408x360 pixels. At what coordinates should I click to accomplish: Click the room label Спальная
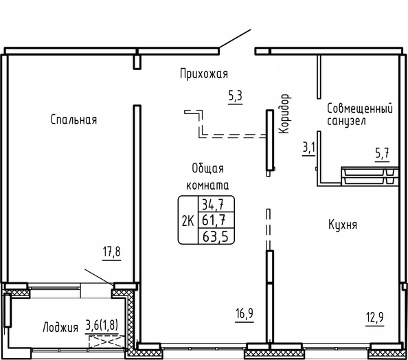tap(73, 120)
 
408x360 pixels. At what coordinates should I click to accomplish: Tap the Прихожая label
tap(204, 74)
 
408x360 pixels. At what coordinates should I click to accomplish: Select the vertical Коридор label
tap(284, 114)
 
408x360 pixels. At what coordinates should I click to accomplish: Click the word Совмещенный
tap(360, 109)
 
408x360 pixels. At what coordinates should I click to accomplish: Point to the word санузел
tap(346, 122)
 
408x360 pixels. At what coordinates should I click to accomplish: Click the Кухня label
tap(343, 225)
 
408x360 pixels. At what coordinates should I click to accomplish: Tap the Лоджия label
tap(60, 327)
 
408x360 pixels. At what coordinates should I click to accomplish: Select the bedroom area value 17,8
tap(112, 251)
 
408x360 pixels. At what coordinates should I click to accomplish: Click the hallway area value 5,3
tap(235, 95)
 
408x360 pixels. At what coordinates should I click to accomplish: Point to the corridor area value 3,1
tap(308, 148)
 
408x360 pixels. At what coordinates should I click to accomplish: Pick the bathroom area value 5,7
tap(382, 153)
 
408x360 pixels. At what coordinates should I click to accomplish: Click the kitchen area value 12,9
tap(375, 317)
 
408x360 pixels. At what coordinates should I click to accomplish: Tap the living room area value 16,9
tap(245, 313)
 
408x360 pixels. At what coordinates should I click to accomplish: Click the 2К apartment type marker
tap(188, 221)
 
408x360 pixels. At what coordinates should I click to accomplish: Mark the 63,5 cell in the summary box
tap(215, 236)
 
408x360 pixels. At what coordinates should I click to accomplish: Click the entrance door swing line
tap(235, 38)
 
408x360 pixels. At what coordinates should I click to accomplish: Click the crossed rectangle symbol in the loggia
tap(106, 341)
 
